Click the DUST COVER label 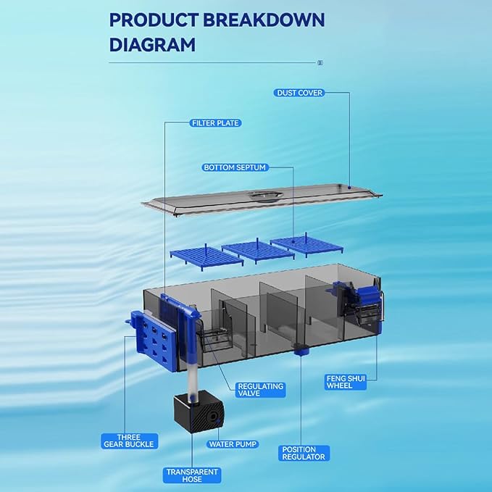[299, 93]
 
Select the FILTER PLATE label [215, 123]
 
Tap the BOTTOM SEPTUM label [235, 167]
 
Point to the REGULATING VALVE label [260, 390]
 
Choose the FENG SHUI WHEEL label [346, 382]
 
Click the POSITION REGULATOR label [304, 454]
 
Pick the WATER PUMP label [233, 444]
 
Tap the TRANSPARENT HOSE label [192, 475]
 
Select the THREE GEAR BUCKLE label [129, 441]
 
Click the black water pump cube [199, 412]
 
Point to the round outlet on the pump [213, 417]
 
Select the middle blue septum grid [258, 251]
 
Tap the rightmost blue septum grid [307, 245]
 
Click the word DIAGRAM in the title [152, 44]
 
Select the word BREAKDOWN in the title [264, 20]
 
